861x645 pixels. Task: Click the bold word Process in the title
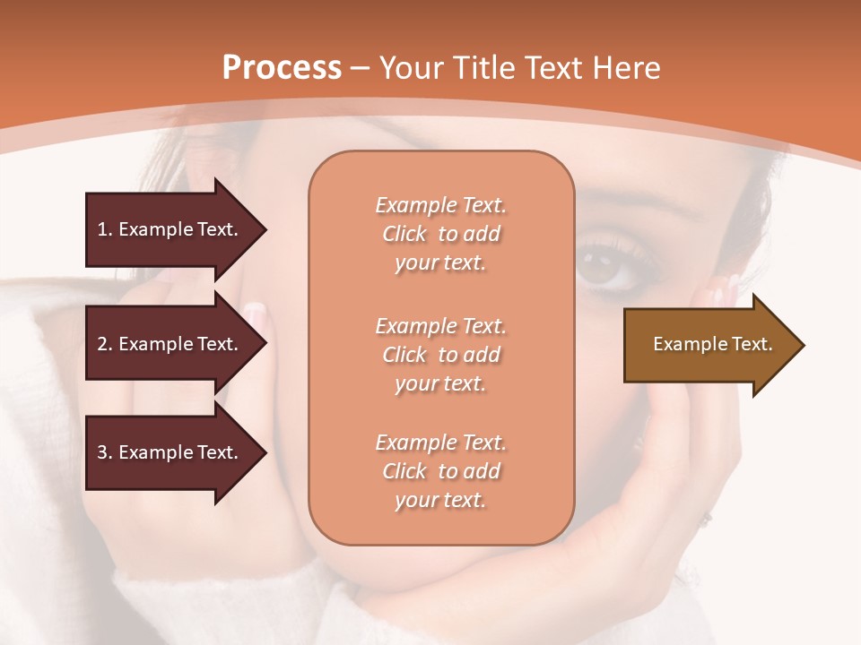282,68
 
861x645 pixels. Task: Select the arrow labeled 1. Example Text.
170,229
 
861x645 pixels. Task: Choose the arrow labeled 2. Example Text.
170,344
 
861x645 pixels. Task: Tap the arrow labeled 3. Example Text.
170,452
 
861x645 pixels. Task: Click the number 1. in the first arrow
105,229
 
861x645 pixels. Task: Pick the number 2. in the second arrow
105,344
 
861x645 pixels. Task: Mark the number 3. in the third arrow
105,452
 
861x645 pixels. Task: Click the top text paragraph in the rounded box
440,234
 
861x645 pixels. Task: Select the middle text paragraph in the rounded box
440,355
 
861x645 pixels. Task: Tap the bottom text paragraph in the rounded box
440,471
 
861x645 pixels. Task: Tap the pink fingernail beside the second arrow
255,314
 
